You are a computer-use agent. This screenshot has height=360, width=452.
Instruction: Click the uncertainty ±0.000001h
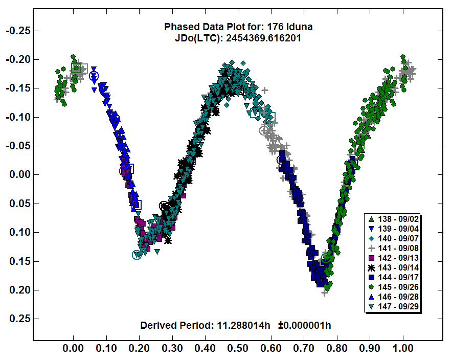coord(306,325)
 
